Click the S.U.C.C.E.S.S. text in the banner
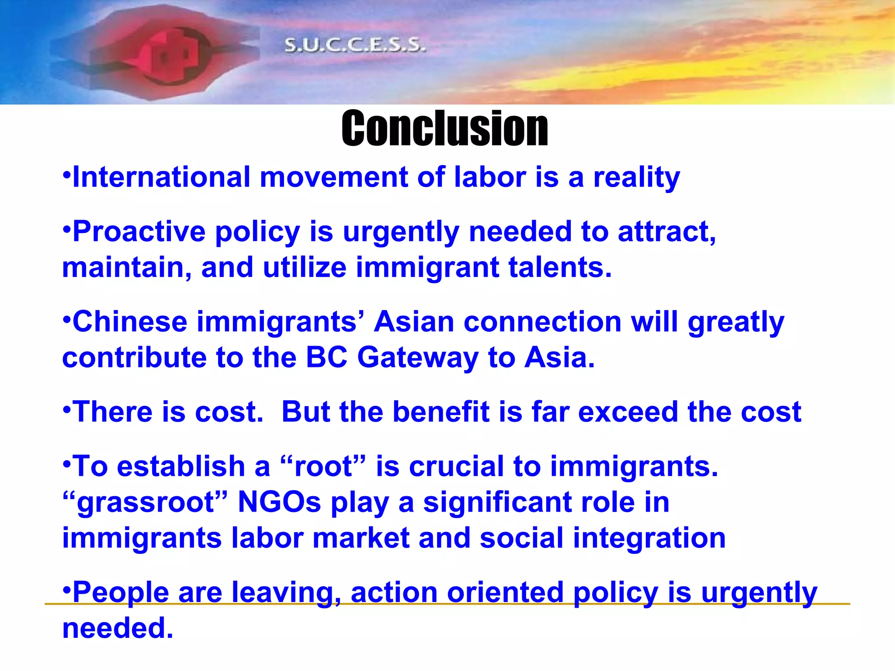point(355,45)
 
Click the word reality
point(636,178)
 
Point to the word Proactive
point(139,232)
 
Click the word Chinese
point(130,322)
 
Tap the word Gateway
point(418,358)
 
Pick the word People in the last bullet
point(121,593)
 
